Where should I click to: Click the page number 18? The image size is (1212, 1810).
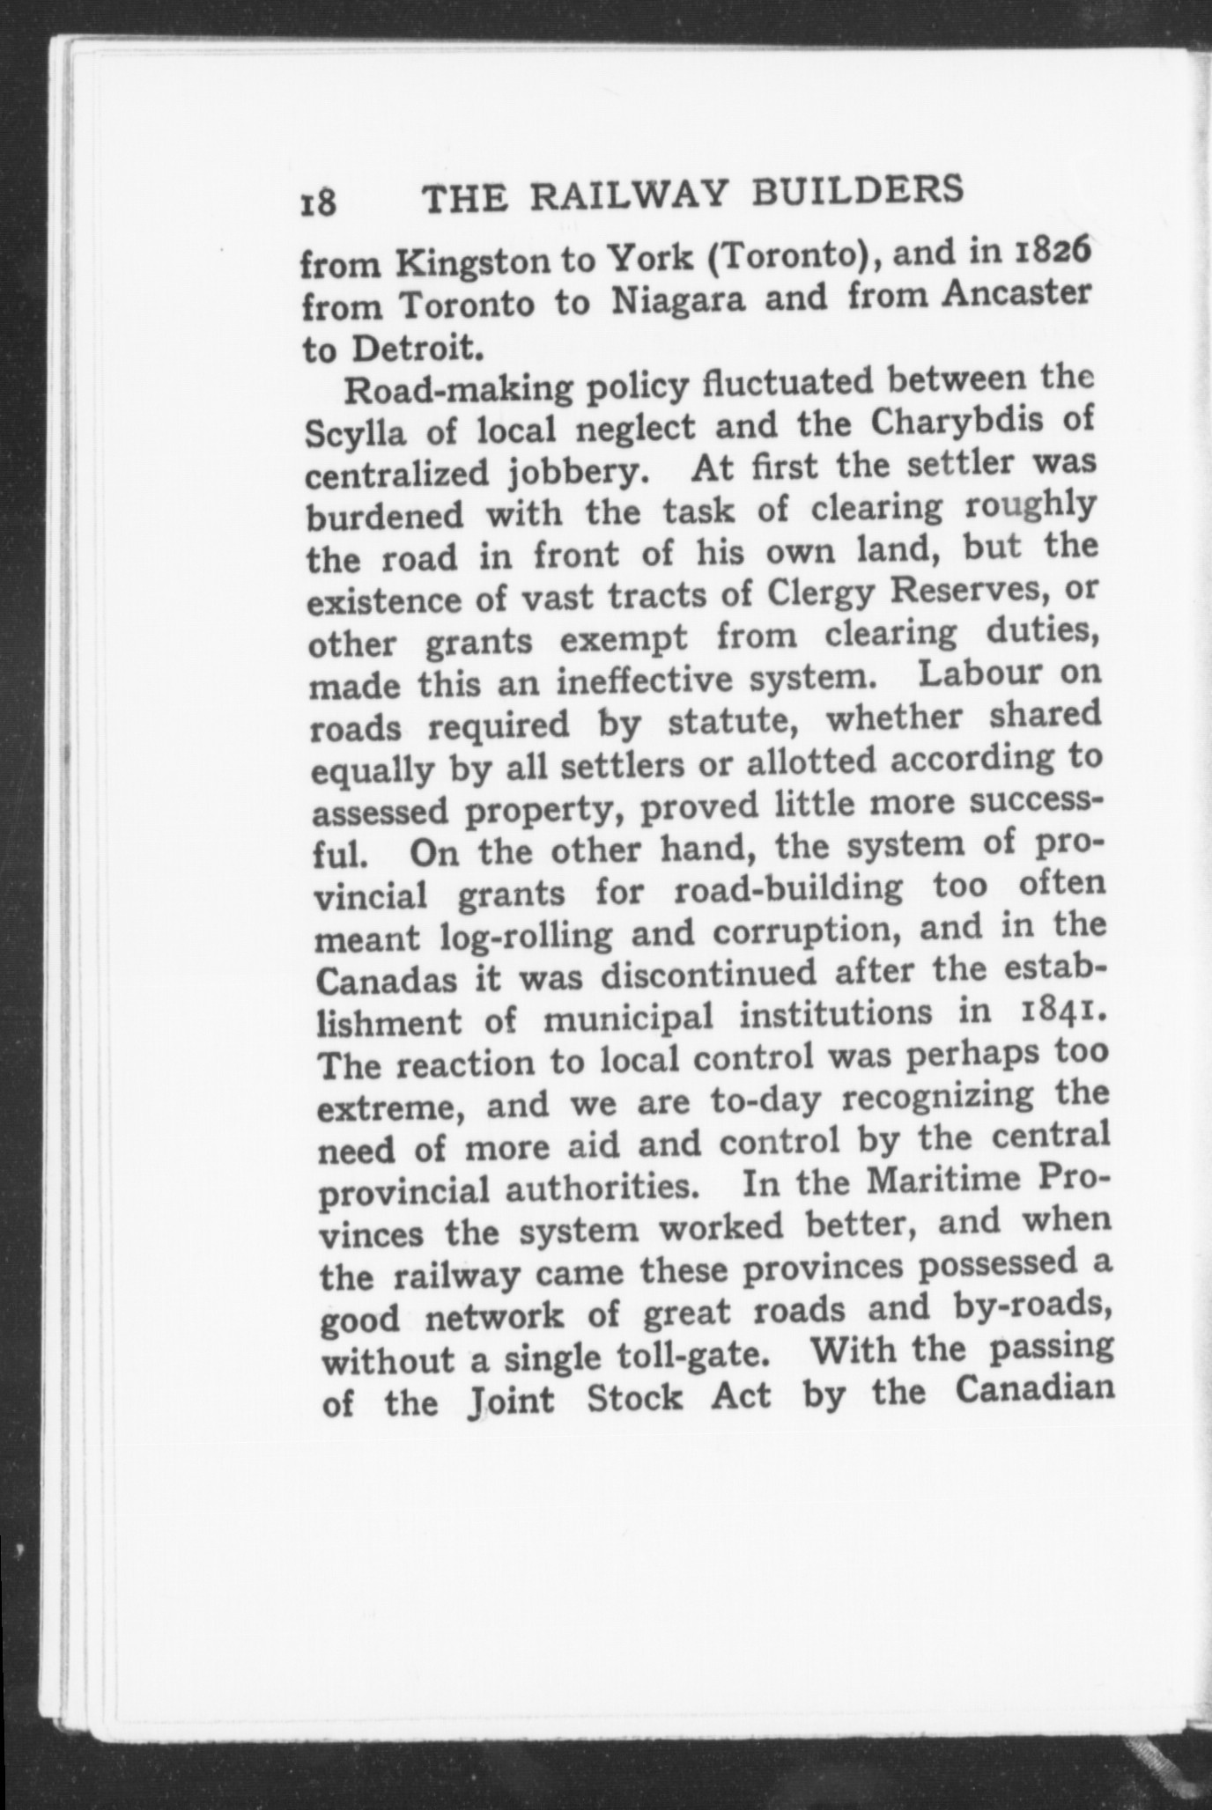(318, 203)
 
